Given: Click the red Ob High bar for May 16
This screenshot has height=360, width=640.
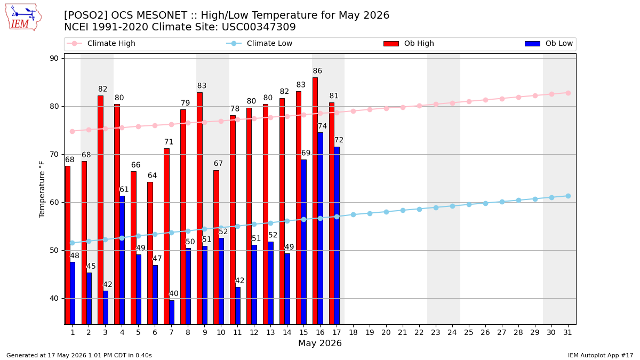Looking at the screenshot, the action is pos(315,201).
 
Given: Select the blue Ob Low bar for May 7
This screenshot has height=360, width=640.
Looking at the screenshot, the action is pos(172,313).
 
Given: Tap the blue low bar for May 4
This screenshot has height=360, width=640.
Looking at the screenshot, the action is pos(122,260).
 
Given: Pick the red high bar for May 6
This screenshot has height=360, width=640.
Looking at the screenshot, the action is pos(150,253).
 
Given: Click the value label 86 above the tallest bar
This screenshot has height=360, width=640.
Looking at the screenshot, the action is pos(317,70).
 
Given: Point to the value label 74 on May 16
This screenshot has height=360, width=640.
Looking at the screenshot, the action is pos(322,126).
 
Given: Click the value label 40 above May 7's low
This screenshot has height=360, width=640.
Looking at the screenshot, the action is pos(174,293).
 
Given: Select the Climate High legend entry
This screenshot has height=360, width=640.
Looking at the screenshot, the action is pos(101,43).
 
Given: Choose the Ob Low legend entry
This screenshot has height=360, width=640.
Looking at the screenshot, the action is pos(549,43).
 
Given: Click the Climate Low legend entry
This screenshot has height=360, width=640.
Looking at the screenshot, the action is pos(259,43).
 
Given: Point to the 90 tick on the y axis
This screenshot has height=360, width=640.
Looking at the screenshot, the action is pos(54,58).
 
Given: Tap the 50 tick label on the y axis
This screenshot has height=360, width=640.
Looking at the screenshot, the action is pos(54,250).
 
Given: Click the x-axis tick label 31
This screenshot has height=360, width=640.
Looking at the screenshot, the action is pos(567,332).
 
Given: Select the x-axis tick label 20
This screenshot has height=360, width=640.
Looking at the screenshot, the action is pos(386,332).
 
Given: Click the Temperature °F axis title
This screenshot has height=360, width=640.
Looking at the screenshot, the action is pos(42,189).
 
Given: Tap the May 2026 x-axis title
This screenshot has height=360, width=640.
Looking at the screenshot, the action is pos(320,343).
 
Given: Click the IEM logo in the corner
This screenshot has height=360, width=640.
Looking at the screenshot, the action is pos(23,18).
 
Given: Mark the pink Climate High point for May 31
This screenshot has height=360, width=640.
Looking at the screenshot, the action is pos(568,93).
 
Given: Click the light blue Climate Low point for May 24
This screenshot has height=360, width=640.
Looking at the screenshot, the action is pos(452,206).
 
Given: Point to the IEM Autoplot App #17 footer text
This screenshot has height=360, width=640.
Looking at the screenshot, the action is pos(601,355).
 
